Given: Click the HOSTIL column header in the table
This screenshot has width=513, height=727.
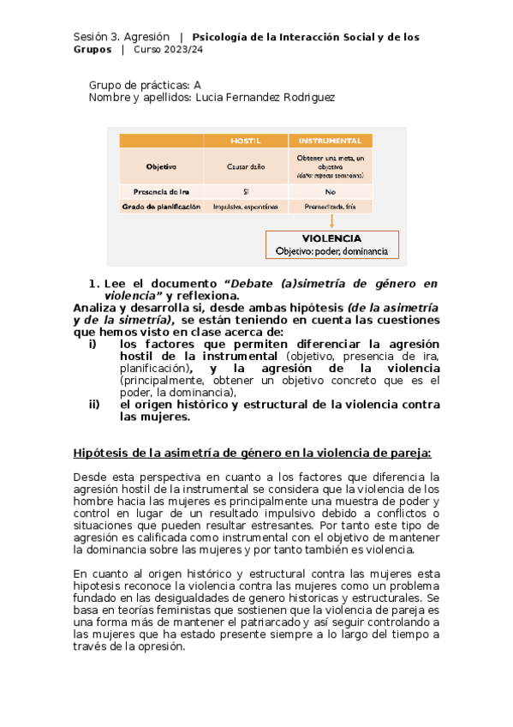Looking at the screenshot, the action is pyautogui.click(x=246, y=141).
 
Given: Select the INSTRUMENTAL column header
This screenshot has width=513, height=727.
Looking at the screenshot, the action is pyautogui.click(x=330, y=141).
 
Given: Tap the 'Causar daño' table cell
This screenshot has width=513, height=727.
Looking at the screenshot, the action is pyautogui.click(x=246, y=167).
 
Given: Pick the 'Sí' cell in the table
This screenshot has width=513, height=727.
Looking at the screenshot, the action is pyautogui.click(x=246, y=192).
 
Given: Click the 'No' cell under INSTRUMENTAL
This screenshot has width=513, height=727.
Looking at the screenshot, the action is pyautogui.click(x=330, y=192).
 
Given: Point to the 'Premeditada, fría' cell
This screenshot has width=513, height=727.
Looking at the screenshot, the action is pyautogui.click(x=330, y=207).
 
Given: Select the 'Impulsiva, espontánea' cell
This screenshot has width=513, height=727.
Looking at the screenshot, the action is pyautogui.click(x=246, y=207).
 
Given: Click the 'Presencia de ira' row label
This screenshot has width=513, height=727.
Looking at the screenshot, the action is pyautogui.click(x=161, y=192).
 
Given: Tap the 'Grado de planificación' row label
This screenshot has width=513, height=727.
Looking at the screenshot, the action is pyautogui.click(x=161, y=207).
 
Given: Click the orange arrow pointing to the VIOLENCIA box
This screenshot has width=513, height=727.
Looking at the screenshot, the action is pyautogui.click(x=331, y=221).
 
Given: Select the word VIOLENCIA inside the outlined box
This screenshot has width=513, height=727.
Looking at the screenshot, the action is pyautogui.click(x=331, y=238).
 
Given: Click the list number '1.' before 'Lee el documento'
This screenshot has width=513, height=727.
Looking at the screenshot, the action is pyautogui.click(x=94, y=284).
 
